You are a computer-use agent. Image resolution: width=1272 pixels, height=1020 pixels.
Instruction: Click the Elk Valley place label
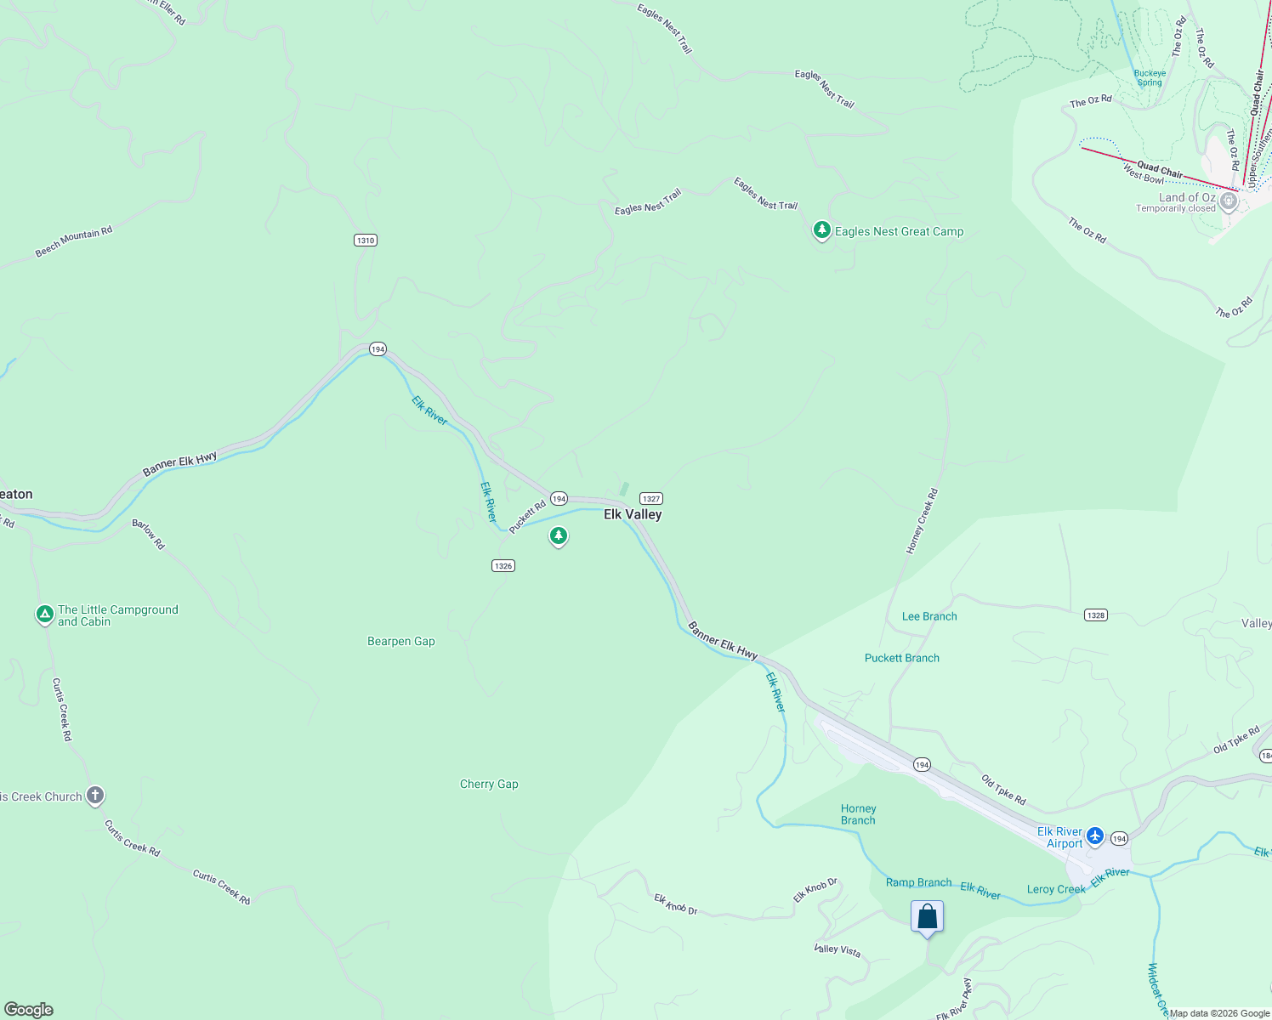(633, 514)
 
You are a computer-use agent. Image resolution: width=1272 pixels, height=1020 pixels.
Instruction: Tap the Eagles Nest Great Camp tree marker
(821, 229)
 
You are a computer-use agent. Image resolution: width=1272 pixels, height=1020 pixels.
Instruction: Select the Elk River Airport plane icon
(1095, 836)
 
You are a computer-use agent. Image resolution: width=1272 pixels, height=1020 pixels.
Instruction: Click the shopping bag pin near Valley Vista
(927, 917)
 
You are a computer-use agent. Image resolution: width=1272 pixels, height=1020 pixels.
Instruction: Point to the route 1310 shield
(366, 241)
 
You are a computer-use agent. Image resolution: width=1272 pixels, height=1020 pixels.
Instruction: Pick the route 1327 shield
(650, 499)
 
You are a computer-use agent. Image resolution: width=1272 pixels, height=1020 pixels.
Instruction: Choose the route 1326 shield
(503, 566)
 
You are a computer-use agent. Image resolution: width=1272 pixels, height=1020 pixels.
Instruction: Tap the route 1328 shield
(1096, 615)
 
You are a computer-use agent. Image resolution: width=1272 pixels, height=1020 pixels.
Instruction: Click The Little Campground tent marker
(45, 614)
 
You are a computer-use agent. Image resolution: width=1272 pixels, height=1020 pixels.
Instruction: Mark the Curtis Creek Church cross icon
(95, 796)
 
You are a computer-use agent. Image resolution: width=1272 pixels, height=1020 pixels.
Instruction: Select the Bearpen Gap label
(401, 642)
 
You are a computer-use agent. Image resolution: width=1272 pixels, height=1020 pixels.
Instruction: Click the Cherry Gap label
(489, 784)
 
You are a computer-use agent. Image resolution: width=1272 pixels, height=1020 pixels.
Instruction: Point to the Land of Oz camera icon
(1228, 201)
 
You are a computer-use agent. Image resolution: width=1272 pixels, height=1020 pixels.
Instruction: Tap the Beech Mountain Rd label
(74, 242)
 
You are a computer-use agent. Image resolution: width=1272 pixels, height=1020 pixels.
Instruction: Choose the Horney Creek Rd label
(922, 521)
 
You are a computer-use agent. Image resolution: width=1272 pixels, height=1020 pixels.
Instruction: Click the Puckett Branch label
(902, 658)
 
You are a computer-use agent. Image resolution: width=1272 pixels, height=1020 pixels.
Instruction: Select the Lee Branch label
(929, 616)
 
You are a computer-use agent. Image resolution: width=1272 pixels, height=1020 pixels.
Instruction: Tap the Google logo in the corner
(29, 1010)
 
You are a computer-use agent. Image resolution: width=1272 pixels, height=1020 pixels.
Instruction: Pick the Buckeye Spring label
(1150, 78)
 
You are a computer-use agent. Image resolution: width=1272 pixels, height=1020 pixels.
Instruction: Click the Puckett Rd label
(527, 517)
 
